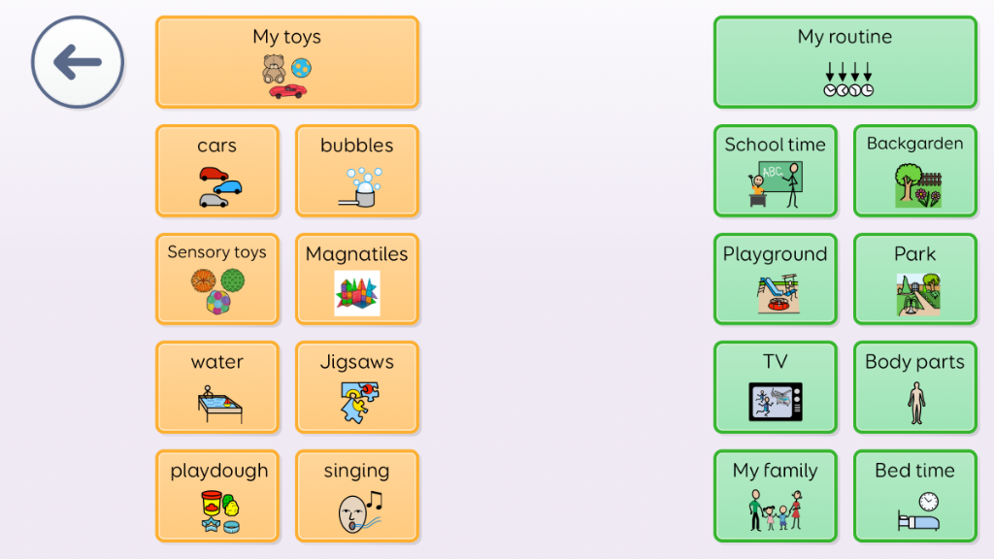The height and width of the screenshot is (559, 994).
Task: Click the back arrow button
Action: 78,62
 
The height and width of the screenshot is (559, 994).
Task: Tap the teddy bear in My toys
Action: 274,69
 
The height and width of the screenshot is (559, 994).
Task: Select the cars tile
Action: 216,171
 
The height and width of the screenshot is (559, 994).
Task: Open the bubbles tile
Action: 357,171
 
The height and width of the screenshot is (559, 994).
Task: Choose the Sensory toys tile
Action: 216,279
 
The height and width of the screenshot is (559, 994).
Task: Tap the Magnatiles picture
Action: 357,293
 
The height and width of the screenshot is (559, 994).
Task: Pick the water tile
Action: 216,387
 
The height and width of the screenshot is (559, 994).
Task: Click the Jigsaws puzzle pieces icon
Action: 359,402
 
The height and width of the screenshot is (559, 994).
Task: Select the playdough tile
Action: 216,496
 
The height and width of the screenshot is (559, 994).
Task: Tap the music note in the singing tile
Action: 376,501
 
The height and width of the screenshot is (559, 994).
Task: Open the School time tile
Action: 776,171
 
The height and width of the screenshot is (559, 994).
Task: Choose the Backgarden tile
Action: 914,171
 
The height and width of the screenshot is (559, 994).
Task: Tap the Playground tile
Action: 776,279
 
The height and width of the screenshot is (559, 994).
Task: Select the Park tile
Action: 914,279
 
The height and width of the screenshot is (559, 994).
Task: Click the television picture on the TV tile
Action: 776,402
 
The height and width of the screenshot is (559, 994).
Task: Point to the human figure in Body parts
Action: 916,403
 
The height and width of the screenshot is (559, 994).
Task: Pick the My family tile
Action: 776,496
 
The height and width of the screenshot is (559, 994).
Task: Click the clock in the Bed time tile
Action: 929,502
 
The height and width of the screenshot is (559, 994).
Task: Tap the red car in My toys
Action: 287,91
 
